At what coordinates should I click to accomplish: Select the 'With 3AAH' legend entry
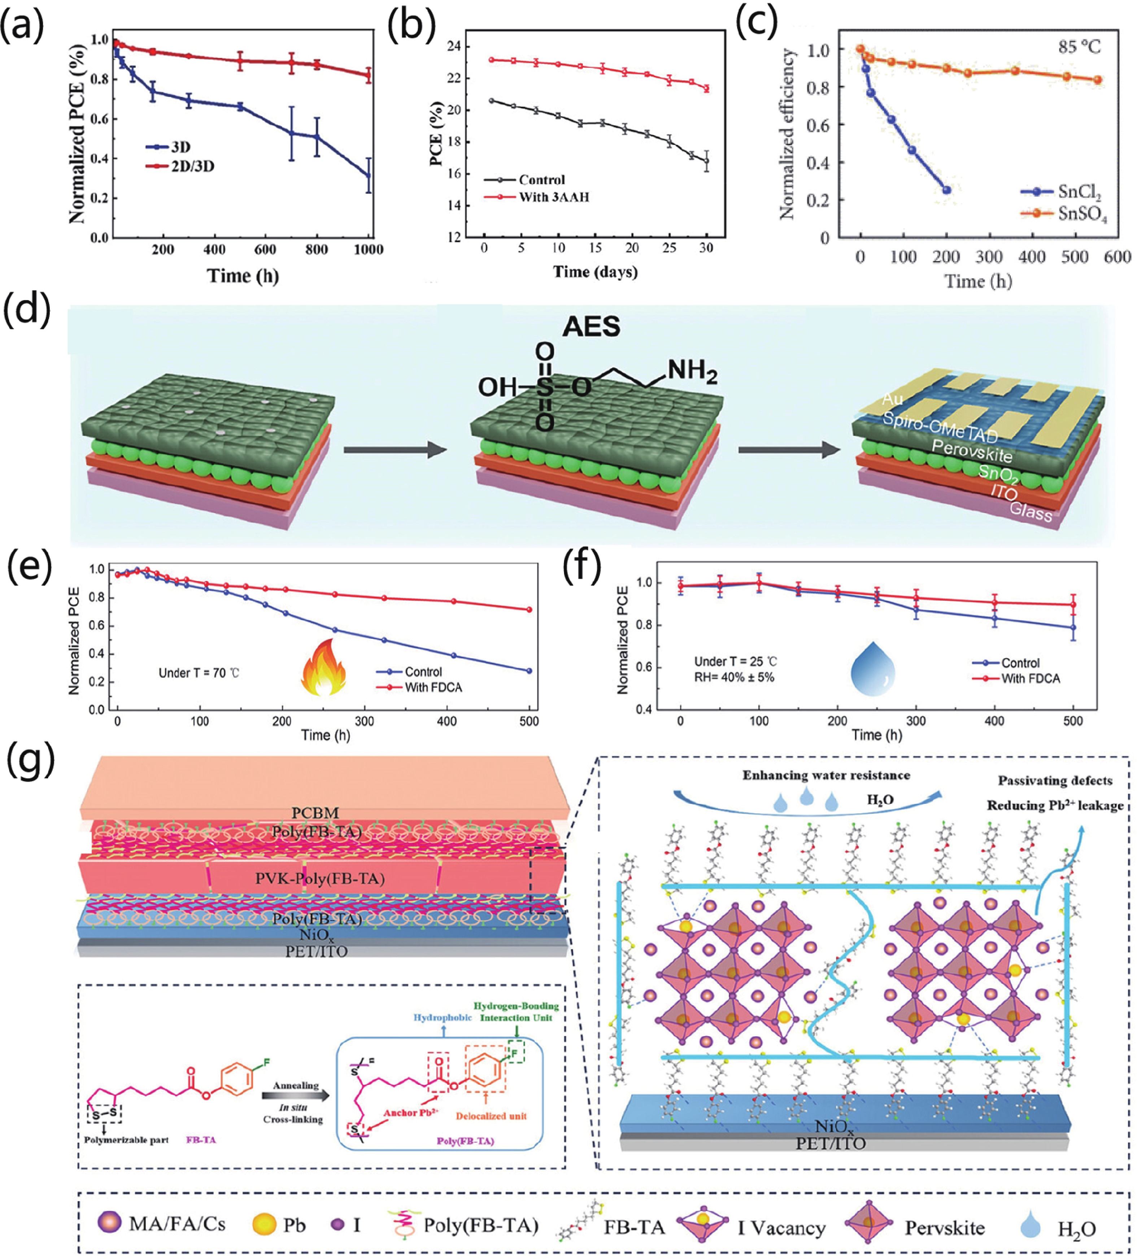click(553, 197)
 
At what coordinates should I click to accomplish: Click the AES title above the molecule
click(591, 327)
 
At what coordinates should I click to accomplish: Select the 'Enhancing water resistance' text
click(826, 775)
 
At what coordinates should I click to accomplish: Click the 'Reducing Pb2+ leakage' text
click(1055, 806)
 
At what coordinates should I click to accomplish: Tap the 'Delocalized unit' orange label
click(491, 1116)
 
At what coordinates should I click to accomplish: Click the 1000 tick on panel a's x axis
click(369, 250)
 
